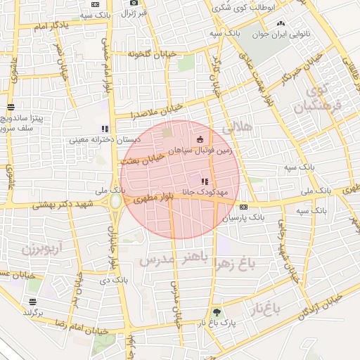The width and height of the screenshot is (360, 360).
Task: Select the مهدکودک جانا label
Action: click(x=204, y=191)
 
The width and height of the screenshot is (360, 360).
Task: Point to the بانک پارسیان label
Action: click(x=244, y=218)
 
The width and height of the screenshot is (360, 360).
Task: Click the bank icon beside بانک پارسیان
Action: click(x=243, y=207)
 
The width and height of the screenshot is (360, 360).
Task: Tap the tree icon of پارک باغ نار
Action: click(x=216, y=313)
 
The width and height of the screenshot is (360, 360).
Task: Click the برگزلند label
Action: click(x=32, y=311)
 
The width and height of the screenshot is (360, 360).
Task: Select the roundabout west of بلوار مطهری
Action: click(x=115, y=202)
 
